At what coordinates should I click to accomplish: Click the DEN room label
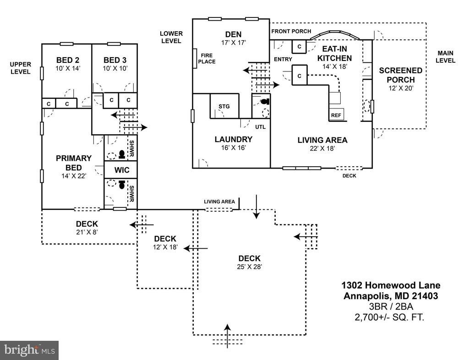[x=233, y=34]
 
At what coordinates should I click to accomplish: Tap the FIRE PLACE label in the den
[x=207, y=59]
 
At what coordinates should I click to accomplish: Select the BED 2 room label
[x=68, y=60]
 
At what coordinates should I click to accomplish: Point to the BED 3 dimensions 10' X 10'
[x=115, y=68]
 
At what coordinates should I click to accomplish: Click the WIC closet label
[x=122, y=170]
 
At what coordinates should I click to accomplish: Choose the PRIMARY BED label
[x=74, y=163]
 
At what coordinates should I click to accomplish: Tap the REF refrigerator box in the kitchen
[x=336, y=115]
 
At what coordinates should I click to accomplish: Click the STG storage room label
[x=224, y=106]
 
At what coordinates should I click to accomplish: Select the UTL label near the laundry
[x=260, y=127]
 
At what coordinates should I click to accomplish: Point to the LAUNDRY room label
[x=233, y=139]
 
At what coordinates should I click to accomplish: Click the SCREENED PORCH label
[x=400, y=76]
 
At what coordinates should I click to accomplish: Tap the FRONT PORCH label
[x=291, y=31]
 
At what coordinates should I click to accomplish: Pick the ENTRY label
[x=283, y=60]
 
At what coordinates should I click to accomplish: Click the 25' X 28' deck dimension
[x=250, y=267]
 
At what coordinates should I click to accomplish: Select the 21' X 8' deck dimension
[x=87, y=232]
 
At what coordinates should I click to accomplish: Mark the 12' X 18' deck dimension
[x=165, y=247]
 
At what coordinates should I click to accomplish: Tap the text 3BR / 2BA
[x=391, y=306]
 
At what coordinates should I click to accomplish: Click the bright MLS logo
[x=29, y=350]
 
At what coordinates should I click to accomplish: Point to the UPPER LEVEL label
[x=20, y=68]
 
